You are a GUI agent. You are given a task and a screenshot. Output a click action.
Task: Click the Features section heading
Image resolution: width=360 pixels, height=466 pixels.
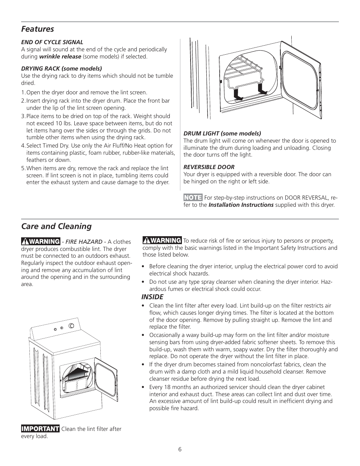(37, 29)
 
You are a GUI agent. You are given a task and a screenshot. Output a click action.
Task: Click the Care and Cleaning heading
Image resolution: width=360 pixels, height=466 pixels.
(56, 226)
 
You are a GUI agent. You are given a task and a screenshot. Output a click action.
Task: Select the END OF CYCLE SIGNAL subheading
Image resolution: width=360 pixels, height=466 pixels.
(52, 42)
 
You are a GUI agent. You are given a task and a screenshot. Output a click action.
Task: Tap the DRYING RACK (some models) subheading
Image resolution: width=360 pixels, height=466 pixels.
(61, 69)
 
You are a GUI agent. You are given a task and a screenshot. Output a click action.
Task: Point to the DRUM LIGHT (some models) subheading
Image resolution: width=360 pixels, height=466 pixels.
(222, 134)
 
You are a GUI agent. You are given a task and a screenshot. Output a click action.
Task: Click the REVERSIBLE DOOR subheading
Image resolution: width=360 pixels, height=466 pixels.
(209, 167)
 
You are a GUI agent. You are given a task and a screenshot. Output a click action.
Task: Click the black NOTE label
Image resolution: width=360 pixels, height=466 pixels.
(193, 198)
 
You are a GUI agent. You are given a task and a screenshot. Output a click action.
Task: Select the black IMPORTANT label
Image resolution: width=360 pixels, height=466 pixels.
(40, 429)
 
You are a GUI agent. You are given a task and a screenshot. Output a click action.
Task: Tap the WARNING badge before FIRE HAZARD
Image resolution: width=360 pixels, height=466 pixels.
(41, 241)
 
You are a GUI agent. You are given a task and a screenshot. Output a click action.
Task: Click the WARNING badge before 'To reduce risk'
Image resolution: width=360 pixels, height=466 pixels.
(162, 240)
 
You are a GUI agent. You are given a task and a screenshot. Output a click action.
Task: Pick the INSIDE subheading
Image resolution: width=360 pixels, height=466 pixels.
(152, 297)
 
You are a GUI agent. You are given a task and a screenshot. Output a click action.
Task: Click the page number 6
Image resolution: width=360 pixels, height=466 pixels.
(180, 449)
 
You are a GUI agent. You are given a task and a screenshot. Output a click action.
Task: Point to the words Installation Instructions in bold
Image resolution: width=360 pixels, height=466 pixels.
(241, 205)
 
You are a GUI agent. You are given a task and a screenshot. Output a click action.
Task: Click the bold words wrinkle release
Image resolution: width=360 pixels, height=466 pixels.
(60, 57)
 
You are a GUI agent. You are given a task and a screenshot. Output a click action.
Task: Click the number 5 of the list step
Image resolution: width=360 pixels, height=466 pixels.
(23, 168)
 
